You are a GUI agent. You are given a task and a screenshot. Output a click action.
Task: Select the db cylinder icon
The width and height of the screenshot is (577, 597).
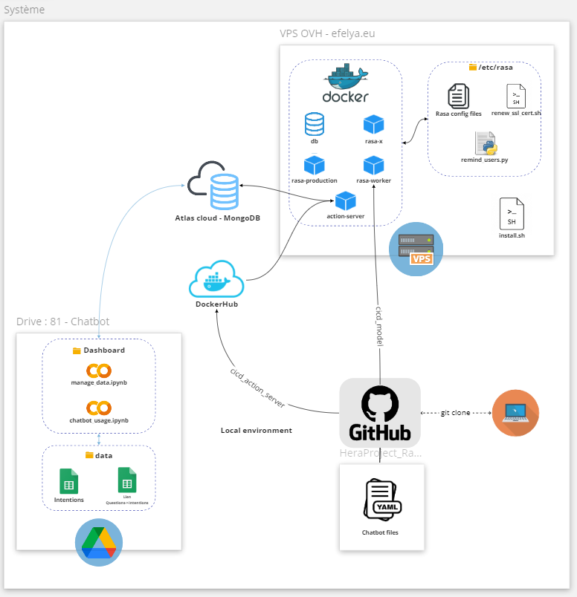pyautogui.click(x=314, y=124)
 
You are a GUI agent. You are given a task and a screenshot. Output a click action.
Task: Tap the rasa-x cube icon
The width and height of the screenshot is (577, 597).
pyautogui.click(x=373, y=125)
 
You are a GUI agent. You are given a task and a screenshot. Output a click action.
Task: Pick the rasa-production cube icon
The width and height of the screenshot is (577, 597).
pyautogui.click(x=314, y=165)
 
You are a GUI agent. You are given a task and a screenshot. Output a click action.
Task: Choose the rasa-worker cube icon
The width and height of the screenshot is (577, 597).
pyautogui.click(x=373, y=165)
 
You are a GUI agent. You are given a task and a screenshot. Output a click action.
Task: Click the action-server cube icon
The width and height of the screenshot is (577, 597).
pyautogui.click(x=345, y=200)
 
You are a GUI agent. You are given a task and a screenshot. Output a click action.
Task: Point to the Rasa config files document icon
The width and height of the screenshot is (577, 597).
pyautogui.click(x=458, y=97)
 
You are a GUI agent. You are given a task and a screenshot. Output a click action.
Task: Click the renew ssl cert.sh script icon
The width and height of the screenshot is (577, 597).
pyautogui.click(x=516, y=97)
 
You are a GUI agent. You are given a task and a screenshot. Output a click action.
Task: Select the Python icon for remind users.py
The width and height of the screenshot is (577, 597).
pyautogui.click(x=486, y=143)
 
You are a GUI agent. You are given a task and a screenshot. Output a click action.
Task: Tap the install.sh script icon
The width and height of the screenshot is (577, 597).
pyautogui.click(x=512, y=214)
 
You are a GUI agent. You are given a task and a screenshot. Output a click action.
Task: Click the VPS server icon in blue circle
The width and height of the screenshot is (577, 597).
pyautogui.click(x=416, y=248)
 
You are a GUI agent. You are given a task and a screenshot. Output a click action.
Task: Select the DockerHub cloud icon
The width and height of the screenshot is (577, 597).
pyautogui.click(x=216, y=279)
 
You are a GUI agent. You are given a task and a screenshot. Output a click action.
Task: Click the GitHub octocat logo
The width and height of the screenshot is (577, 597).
pyautogui.click(x=380, y=405)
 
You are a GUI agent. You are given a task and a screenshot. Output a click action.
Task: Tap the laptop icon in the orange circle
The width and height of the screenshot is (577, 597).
pyautogui.click(x=515, y=413)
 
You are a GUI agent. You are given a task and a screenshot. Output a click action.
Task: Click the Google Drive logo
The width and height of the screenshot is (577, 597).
pyautogui.click(x=99, y=542)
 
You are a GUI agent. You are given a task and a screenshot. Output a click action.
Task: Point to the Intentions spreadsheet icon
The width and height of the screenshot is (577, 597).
pyautogui.click(x=69, y=481)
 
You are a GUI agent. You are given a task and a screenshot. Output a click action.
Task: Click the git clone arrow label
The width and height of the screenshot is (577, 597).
pyautogui.click(x=455, y=413)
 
